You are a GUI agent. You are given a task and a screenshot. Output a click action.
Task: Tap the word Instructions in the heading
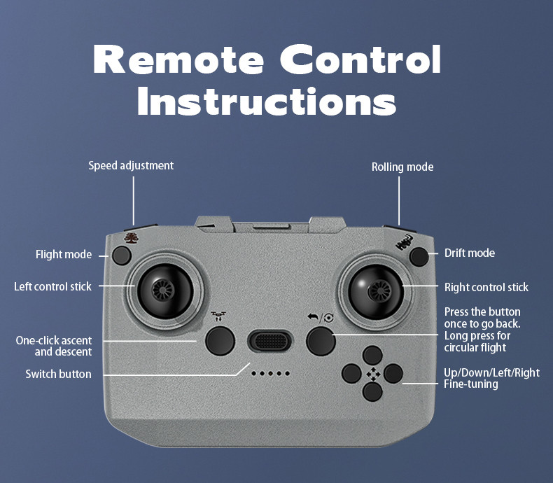[267, 101]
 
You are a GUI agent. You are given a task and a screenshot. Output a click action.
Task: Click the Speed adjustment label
[131, 166]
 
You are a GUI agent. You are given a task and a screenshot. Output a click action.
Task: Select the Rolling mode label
[402, 167]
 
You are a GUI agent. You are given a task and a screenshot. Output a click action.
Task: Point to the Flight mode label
[64, 255]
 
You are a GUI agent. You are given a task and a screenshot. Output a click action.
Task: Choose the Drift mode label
[470, 253]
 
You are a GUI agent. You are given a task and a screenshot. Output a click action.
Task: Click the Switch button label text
[58, 374]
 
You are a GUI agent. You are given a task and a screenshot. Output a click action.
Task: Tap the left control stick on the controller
[164, 291]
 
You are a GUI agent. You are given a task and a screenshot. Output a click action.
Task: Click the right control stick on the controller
[377, 292]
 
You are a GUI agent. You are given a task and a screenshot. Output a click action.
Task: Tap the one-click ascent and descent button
[220, 341]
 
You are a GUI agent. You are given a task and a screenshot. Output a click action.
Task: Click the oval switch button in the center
[270, 341]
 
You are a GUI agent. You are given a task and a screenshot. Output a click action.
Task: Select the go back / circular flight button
[321, 341]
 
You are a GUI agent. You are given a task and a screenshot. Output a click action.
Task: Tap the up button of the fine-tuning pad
[372, 355]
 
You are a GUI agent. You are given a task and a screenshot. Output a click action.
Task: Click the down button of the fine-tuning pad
[372, 392]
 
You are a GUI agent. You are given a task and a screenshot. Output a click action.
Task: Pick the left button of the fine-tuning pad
[351, 373]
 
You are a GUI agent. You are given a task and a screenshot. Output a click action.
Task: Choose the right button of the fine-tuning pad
[393, 373]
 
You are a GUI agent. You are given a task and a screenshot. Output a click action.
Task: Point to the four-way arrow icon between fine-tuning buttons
[373, 374]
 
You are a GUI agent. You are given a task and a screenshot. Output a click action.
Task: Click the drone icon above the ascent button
[218, 316]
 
